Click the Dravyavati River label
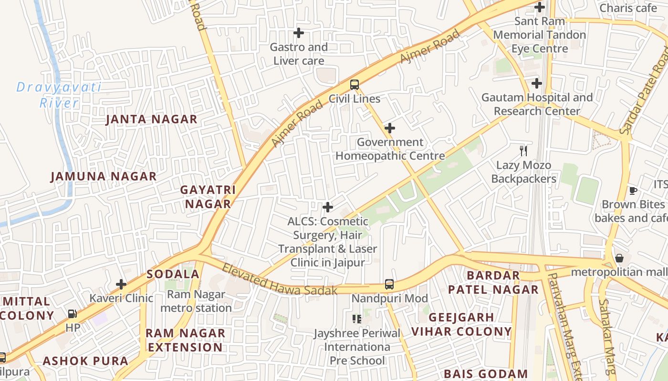[x=59, y=95]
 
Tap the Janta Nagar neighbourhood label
[x=151, y=119]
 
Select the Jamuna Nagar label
[x=104, y=176]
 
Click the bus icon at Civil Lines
[x=354, y=85]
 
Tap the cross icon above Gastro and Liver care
[x=299, y=33]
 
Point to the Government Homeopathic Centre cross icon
[x=390, y=128]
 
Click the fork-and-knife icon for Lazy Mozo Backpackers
[x=523, y=151]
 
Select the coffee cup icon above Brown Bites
[x=633, y=190]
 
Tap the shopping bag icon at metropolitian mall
[x=619, y=258]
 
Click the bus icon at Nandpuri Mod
[x=389, y=284]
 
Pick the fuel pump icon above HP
[x=73, y=313]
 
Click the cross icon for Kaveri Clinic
[x=121, y=284]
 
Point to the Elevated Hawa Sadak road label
[x=280, y=280]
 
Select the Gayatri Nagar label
[x=208, y=197]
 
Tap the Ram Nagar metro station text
[x=196, y=301]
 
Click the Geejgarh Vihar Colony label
[x=461, y=324]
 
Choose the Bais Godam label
[x=485, y=374]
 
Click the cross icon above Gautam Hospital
[x=537, y=83]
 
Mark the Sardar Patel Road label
[x=646, y=90]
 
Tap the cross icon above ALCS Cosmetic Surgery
[x=328, y=207]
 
